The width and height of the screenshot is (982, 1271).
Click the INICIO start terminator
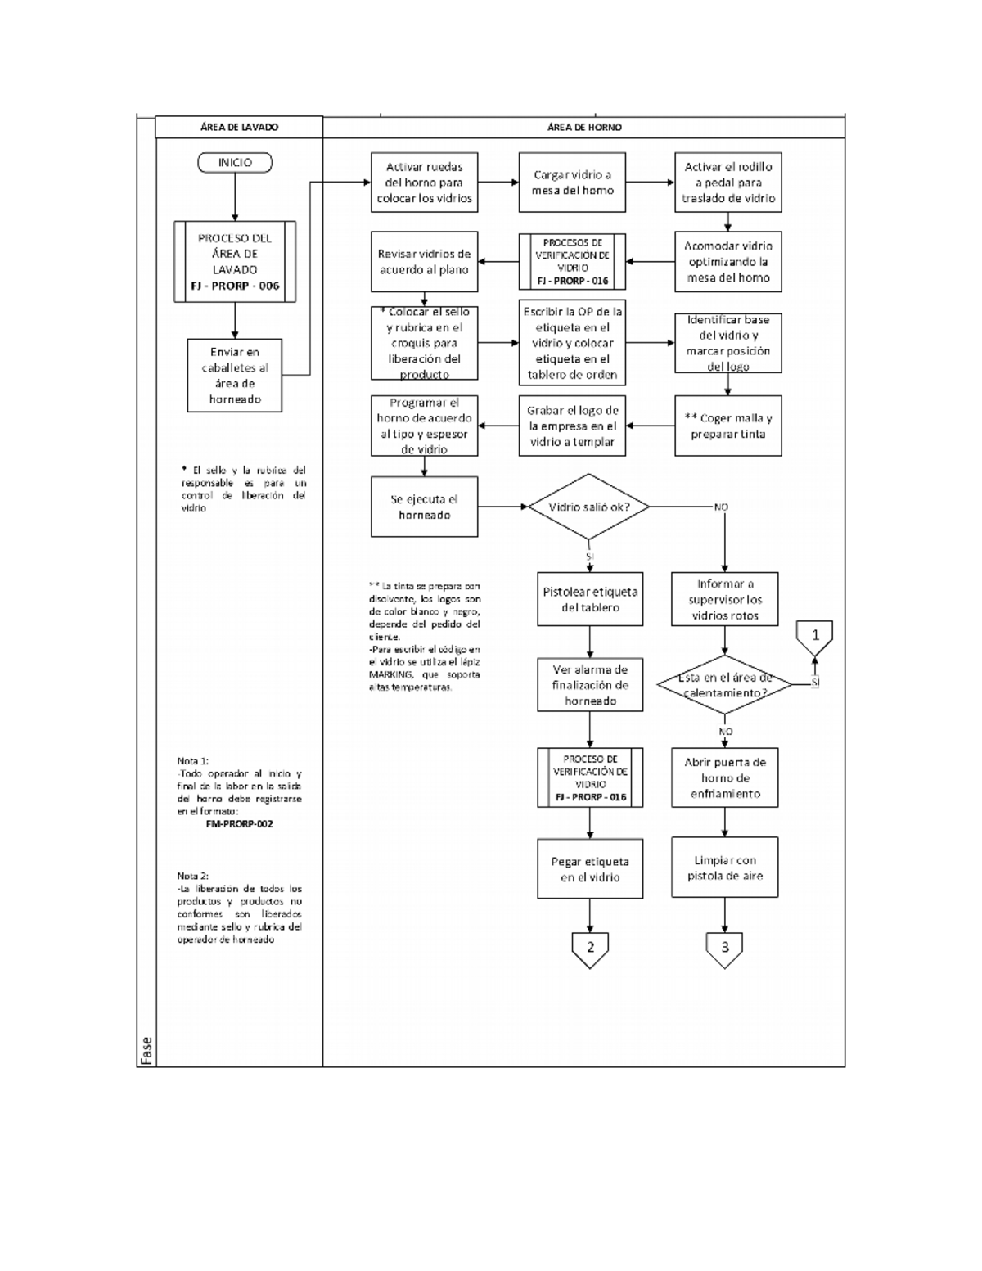coord(235,163)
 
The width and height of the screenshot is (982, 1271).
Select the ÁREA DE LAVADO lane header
coord(239,127)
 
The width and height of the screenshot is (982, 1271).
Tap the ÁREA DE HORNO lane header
coord(583,127)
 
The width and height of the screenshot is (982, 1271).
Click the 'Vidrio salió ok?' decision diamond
coord(589,507)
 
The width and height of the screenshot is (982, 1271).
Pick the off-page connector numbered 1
coord(814,637)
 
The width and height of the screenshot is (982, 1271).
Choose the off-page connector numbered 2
coord(590,949)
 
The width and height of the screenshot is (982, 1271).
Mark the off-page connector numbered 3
coord(725,949)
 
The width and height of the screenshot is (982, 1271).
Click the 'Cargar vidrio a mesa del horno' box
coord(572,183)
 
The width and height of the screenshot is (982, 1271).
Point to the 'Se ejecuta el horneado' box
coord(424,507)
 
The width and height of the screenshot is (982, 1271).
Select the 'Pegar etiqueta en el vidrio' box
coord(590,868)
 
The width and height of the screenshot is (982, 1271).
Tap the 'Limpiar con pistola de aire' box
coord(725,868)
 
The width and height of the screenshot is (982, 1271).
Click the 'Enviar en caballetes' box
coord(235,376)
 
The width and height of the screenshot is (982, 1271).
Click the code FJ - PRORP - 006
coord(235,286)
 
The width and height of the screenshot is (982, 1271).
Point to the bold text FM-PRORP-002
coord(239,824)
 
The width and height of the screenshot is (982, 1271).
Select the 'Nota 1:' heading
coord(193,760)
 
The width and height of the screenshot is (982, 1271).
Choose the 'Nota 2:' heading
coord(193,876)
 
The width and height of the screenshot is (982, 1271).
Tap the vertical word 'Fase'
coord(146,1051)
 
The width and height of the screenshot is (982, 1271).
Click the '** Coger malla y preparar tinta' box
coord(727,426)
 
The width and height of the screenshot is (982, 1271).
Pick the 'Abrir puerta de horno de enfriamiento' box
coord(725,777)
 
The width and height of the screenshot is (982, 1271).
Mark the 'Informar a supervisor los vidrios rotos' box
coord(725,600)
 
